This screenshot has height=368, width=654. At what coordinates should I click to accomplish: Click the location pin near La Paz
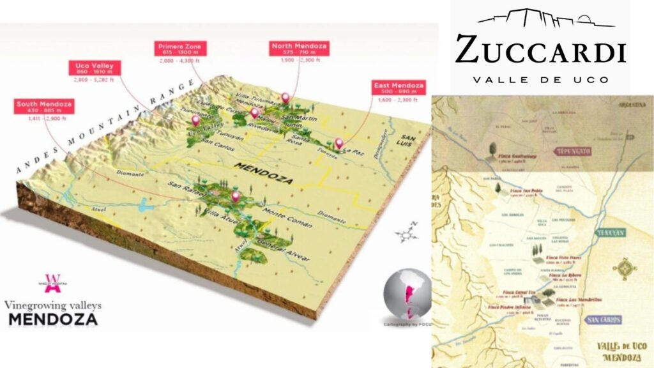click(x=339, y=144)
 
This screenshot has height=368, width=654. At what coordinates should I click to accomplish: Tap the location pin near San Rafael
click(x=235, y=197)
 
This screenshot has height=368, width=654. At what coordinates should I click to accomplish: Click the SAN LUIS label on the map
click(x=409, y=142)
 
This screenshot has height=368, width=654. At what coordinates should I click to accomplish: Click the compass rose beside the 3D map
click(x=405, y=234)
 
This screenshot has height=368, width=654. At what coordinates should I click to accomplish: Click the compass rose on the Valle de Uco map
click(x=624, y=268)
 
